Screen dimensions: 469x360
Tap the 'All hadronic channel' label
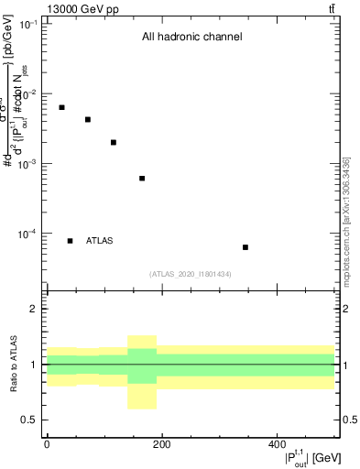(191, 38)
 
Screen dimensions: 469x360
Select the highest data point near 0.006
(61, 107)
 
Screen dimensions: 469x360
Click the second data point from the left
(88, 119)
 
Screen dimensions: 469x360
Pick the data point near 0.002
(114, 142)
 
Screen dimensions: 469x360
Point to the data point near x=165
(142, 178)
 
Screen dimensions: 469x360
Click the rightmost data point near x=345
(245, 247)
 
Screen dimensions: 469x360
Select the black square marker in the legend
(70, 241)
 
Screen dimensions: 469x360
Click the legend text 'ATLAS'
(100, 241)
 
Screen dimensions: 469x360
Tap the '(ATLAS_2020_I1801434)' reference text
(191, 274)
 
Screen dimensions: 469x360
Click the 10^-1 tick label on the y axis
(28, 24)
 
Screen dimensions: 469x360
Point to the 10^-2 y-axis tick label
(28, 94)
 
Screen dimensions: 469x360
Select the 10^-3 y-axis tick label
(28, 164)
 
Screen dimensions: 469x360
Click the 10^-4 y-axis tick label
(28, 234)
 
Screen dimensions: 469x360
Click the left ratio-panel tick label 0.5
(29, 420)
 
